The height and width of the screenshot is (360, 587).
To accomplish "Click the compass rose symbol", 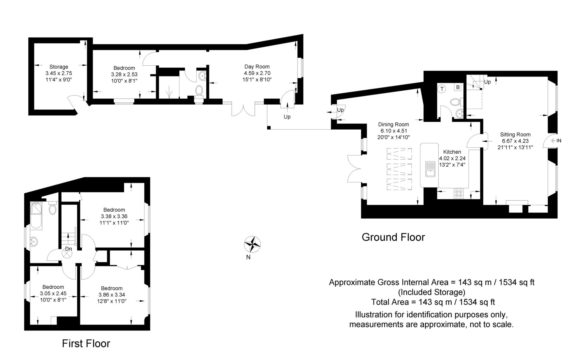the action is [252, 244].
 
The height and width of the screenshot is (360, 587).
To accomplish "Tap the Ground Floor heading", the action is [393, 237].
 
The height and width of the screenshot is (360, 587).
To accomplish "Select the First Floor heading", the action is [86, 343].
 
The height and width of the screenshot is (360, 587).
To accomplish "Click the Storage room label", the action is [59, 67].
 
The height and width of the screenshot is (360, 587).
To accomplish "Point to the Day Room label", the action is [257, 66].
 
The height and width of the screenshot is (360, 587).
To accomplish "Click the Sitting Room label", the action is [515, 134].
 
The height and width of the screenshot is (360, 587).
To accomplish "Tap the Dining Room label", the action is [394, 124].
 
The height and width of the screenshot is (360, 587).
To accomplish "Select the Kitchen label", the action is [452, 152].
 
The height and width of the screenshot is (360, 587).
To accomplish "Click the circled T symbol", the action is [442, 89].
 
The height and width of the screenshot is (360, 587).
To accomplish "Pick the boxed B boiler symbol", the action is [458, 87].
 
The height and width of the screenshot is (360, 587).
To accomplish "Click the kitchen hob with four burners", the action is [459, 193].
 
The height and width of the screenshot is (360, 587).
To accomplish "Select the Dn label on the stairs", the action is [68, 249].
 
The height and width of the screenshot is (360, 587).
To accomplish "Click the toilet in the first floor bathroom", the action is [52, 208].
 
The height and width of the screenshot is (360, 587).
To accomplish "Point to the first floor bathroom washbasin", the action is [34, 241].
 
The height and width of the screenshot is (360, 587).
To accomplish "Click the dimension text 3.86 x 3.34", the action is [112, 295].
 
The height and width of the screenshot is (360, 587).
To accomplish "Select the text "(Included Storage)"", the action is [432, 292].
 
